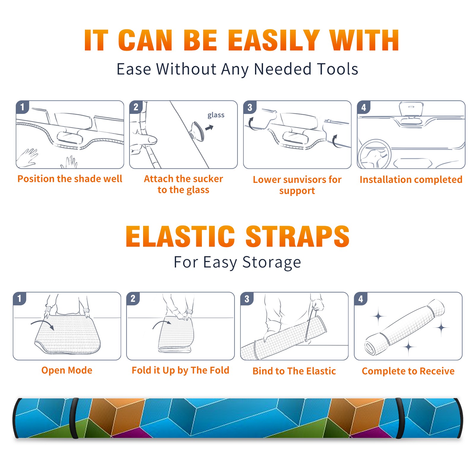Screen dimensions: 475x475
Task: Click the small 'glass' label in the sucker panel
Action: (x=216, y=115)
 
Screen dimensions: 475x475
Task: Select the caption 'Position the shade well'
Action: (x=70, y=179)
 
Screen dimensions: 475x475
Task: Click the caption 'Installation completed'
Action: (x=411, y=179)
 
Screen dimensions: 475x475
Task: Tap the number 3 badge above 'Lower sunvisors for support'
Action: (x=249, y=107)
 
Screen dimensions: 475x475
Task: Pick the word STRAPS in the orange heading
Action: (x=297, y=236)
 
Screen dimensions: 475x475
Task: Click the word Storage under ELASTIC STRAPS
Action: (x=272, y=262)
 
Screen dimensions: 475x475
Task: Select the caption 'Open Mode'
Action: (x=67, y=370)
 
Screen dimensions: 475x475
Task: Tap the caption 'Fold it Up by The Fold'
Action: (x=180, y=370)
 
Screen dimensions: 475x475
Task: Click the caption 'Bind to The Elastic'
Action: (x=294, y=371)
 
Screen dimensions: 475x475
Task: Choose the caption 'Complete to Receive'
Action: (x=408, y=371)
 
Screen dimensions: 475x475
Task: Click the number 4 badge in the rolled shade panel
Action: (x=361, y=299)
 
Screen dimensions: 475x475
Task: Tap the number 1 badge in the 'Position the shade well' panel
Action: (x=22, y=107)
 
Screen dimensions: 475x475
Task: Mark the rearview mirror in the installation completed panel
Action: (x=411, y=109)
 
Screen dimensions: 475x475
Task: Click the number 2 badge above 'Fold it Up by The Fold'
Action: (x=133, y=299)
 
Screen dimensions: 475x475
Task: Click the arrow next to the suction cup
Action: (x=210, y=128)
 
